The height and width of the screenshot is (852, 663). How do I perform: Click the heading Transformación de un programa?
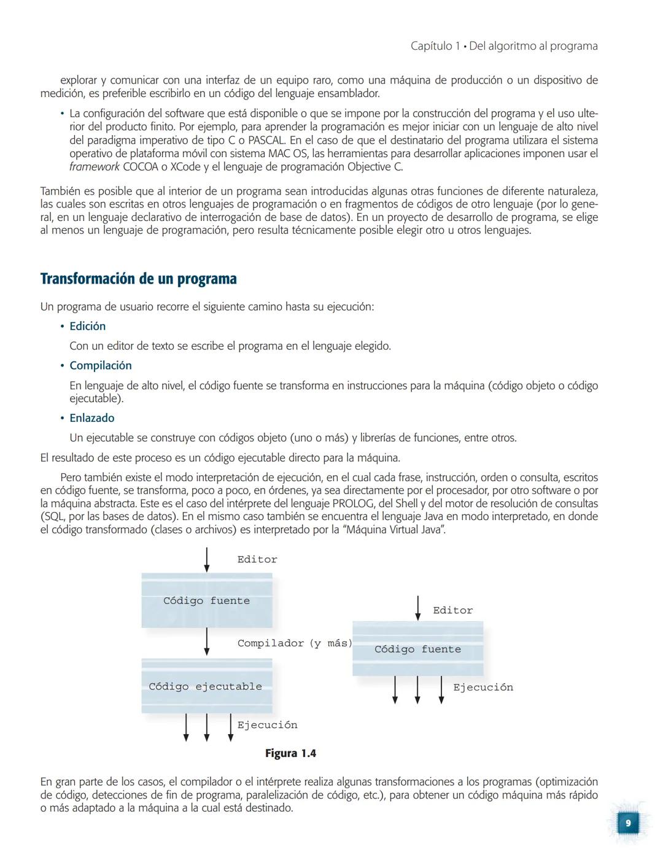[138, 279]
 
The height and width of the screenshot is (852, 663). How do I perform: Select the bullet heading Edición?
[87, 326]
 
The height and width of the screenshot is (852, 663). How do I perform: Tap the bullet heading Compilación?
[100, 365]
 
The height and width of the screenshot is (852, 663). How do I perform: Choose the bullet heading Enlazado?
[91, 418]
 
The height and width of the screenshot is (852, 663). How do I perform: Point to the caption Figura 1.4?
[290, 753]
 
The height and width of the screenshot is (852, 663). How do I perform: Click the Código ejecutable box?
[206, 686]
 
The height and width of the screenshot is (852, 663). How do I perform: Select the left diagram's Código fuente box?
[206, 600]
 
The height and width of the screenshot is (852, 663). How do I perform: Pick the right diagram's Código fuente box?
[417, 649]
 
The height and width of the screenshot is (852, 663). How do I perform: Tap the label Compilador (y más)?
[295, 643]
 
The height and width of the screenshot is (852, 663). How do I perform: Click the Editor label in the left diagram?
[257, 559]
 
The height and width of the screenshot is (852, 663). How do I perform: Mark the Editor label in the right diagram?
[452, 610]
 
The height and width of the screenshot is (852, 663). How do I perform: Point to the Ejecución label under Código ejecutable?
[267, 725]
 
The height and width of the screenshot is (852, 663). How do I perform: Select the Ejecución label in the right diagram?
[483, 687]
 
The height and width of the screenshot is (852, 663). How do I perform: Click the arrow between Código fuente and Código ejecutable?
[206, 642]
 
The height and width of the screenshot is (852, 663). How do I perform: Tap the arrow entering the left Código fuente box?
[206, 559]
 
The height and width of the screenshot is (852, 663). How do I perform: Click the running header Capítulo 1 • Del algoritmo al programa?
[503, 46]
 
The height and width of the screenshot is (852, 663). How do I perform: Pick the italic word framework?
[94, 167]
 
